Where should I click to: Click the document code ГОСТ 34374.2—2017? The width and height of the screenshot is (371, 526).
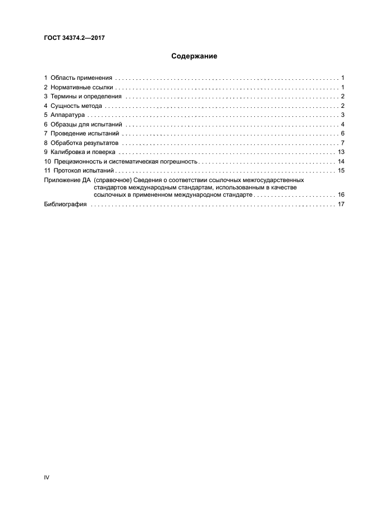75,38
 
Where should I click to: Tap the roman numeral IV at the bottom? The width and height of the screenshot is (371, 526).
47,477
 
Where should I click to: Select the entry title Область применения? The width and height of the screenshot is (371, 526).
81,78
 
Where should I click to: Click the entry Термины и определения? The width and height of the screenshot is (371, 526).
85,96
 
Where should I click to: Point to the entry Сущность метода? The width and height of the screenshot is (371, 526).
76,106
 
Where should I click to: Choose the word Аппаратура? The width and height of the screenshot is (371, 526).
68,115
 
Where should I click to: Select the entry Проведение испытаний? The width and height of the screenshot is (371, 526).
85,133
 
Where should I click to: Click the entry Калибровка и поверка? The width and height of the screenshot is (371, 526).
83,152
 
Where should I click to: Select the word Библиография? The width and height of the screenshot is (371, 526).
65,204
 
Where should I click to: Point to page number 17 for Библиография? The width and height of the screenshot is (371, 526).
340,204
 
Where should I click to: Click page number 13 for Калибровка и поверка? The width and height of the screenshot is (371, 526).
340,152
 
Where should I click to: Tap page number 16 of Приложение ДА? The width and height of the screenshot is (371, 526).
340,194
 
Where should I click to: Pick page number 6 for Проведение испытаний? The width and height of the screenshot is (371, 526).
342,133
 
